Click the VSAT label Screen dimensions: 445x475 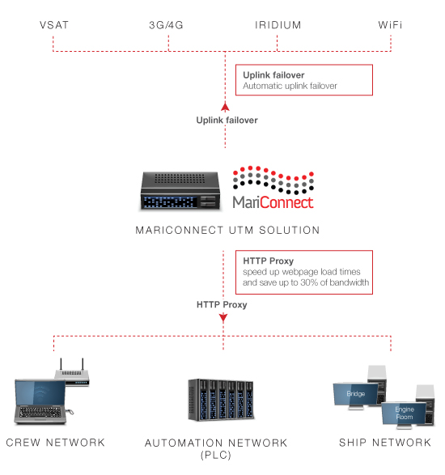pos(54,25)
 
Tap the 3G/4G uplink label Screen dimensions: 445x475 pos(166,25)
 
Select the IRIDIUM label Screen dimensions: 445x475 pos(278,25)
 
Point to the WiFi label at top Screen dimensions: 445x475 pos(390,25)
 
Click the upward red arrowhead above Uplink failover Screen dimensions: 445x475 pos(225,107)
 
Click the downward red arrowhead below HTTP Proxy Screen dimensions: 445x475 pos(223,318)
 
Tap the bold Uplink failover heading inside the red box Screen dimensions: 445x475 pos(273,74)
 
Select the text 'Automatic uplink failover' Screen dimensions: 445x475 pos(290,86)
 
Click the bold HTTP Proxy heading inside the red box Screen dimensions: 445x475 pos(268,261)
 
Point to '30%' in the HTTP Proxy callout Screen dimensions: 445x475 pos(309,282)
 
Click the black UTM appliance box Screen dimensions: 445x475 pos(180,190)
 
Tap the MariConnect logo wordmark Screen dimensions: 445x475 pos(273,202)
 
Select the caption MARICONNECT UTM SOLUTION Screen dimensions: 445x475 pos(227,231)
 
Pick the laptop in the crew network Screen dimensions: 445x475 pos(40,401)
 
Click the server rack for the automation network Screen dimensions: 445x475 pos(221,400)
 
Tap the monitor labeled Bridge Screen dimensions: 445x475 pos(356,395)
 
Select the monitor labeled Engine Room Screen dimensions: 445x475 pos(404,414)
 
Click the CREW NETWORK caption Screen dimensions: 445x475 pos(56,443)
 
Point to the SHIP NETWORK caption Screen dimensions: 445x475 pos(385,443)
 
